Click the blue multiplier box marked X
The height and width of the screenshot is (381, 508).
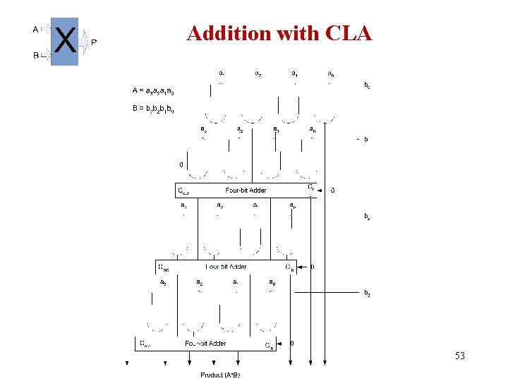(x=65, y=42)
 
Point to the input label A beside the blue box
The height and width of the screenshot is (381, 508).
(x=36, y=30)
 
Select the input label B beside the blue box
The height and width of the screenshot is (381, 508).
(x=36, y=55)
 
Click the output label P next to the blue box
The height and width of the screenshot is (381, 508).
(x=94, y=42)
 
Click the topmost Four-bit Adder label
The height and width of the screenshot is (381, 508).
(x=246, y=190)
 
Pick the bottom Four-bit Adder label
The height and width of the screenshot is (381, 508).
(x=206, y=344)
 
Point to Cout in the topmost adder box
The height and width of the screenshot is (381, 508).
(x=186, y=190)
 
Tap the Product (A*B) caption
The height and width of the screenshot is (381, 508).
(x=220, y=375)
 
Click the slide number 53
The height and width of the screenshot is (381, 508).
(x=459, y=356)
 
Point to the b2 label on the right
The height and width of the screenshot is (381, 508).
(x=366, y=216)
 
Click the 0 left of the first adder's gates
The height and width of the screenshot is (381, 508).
(x=181, y=164)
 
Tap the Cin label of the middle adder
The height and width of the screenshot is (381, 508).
(x=289, y=267)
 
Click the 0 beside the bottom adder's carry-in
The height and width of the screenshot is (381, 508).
(x=292, y=344)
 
